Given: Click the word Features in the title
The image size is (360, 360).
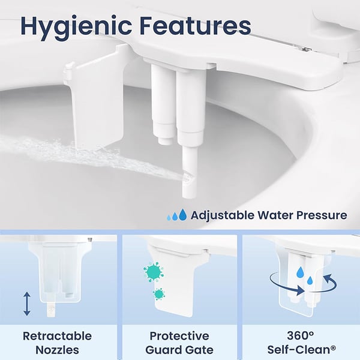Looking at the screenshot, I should click(194, 26).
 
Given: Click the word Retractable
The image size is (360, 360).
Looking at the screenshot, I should click(58, 336).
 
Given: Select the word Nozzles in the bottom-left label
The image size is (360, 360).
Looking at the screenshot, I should click(58, 350).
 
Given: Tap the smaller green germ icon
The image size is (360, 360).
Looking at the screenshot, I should click(159, 293).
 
